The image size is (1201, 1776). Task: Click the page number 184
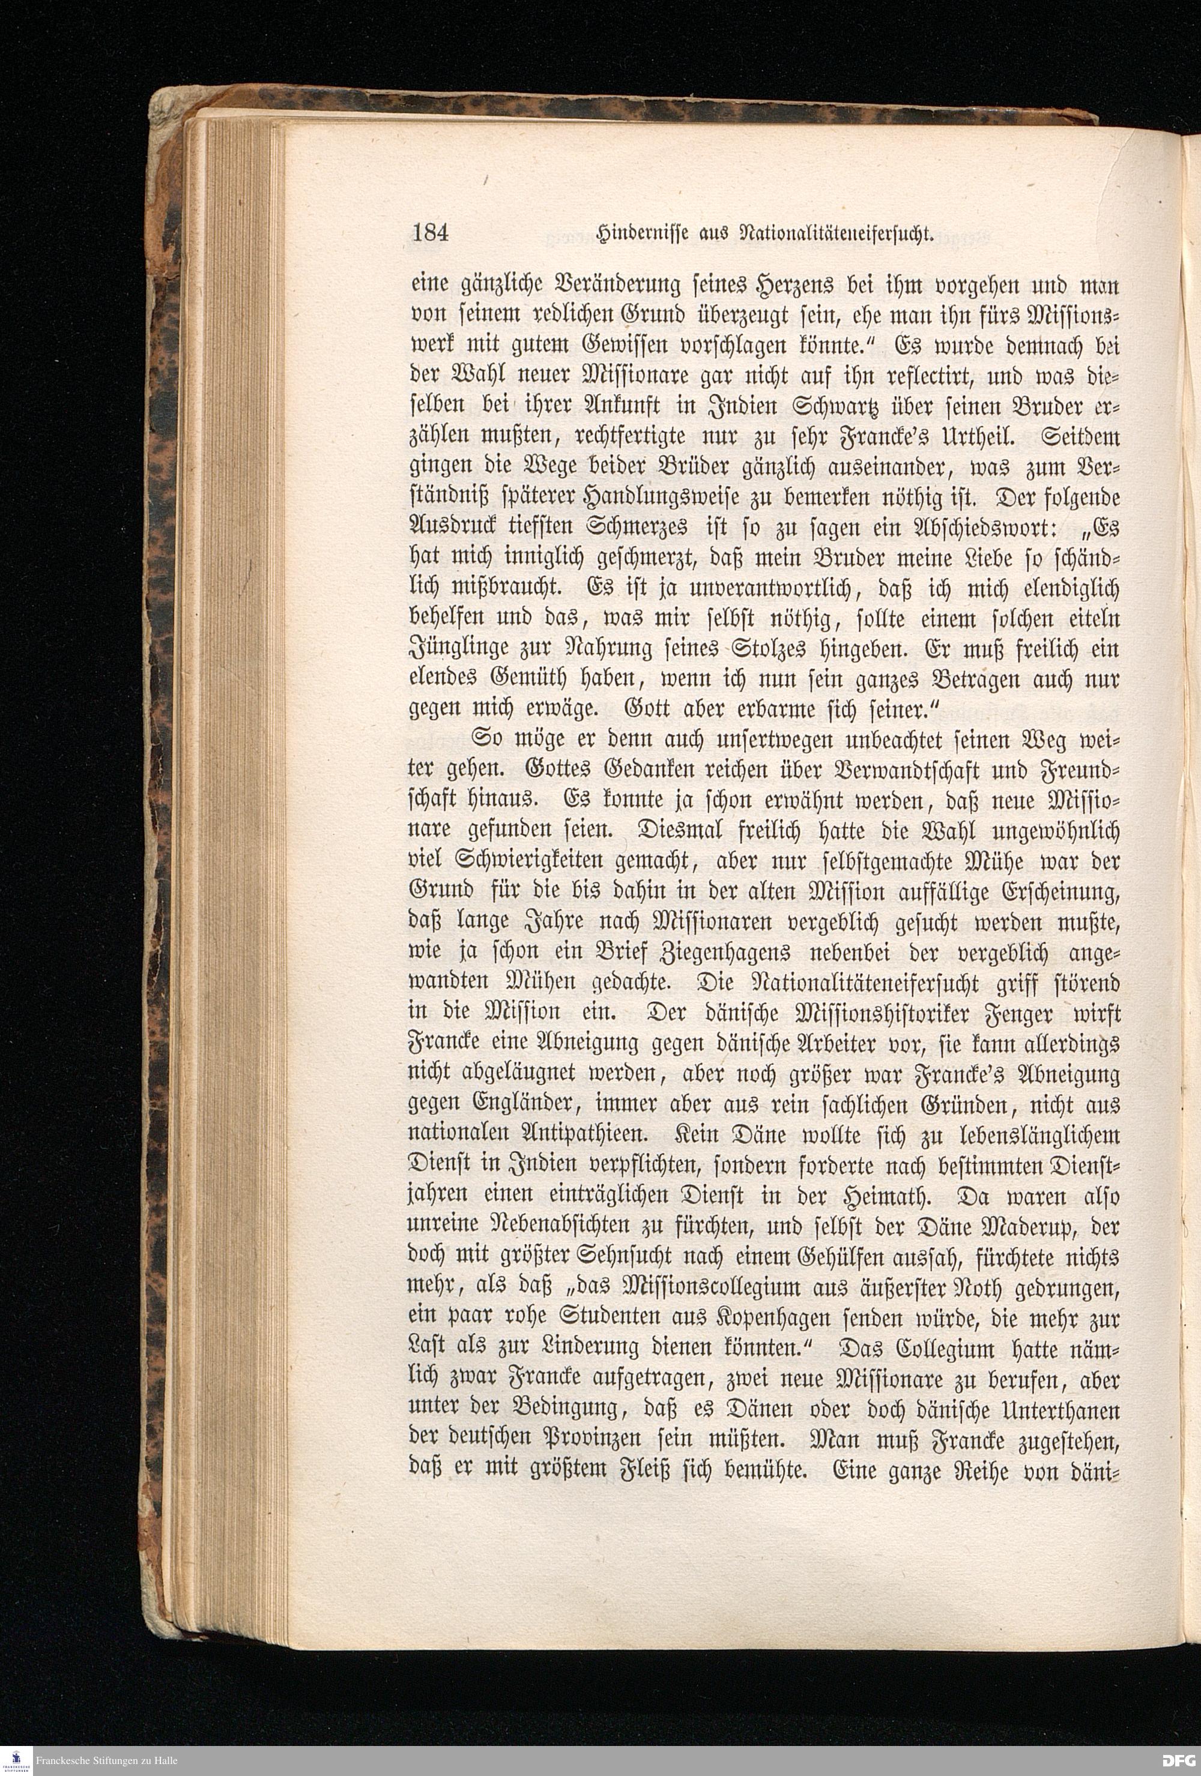tap(431, 232)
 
